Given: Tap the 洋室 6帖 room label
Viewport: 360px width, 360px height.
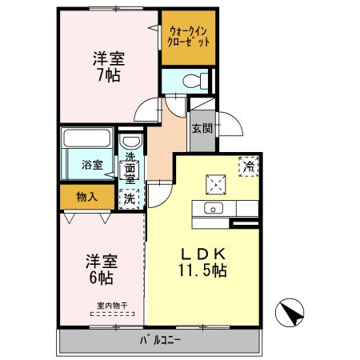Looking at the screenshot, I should [101, 270].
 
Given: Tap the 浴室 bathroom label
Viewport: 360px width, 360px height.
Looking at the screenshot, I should [92, 166].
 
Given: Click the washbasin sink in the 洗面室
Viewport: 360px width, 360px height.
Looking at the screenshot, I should [130, 143].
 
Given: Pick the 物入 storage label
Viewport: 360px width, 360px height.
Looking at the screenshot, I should [86, 196].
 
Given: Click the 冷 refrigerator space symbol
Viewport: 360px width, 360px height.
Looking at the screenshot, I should [249, 166].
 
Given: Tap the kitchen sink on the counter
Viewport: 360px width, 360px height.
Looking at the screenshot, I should [214, 208].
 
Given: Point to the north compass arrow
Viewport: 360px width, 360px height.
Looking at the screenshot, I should [292, 313].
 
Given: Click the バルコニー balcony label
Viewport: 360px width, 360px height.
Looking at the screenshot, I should [161, 340].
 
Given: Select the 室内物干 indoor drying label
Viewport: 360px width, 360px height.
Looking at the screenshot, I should [112, 305].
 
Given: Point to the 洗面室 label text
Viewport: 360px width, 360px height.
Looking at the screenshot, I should [129, 170].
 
